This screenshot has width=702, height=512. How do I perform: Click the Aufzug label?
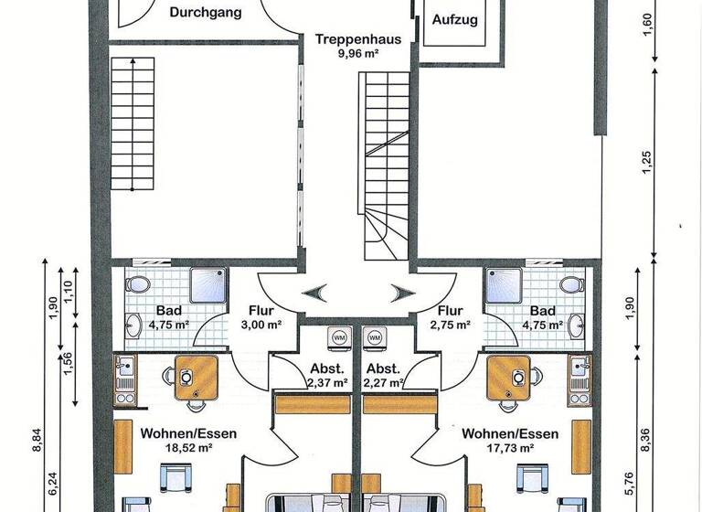pyautogui.click(x=454, y=19)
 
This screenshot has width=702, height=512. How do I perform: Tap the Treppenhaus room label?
pyautogui.click(x=347, y=39)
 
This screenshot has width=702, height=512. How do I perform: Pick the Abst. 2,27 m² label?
pyautogui.click(x=383, y=376)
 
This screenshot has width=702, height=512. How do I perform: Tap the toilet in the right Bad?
pyautogui.click(x=572, y=283)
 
